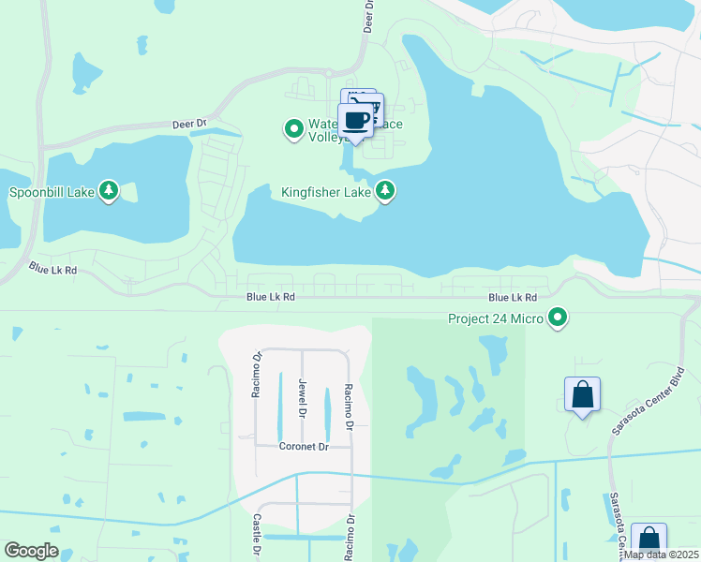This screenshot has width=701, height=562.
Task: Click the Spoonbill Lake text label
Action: pyautogui.click(x=52, y=192)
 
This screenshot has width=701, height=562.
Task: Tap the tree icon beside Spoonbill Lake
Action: pyautogui.click(x=110, y=191)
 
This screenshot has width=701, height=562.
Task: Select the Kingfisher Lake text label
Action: pyautogui.click(x=326, y=192)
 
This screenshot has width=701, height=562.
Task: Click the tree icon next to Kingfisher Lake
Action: pyautogui.click(x=384, y=191)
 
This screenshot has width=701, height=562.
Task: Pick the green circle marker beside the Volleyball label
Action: pyautogui.click(x=293, y=127)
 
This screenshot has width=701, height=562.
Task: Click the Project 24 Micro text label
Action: pyautogui.click(x=496, y=318)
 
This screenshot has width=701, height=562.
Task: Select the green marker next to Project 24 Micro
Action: pyautogui.click(x=559, y=318)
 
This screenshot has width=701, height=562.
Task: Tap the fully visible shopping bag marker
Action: pyautogui.click(x=582, y=394)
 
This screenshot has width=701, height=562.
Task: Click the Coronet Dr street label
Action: pyautogui.click(x=305, y=447)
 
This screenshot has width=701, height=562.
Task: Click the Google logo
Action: pyautogui.click(x=31, y=551)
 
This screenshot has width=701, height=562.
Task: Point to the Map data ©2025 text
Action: pyautogui.click(x=661, y=555)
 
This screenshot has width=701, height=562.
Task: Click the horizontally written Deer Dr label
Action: pyautogui.click(x=189, y=124)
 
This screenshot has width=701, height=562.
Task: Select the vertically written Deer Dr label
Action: pyautogui.click(x=368, y=16)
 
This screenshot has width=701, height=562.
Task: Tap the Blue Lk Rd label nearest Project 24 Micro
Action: pyautogui.click(x=513, y=297)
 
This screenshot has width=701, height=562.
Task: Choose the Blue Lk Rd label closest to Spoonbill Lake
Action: pyautogui.click(x=52, y=269)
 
